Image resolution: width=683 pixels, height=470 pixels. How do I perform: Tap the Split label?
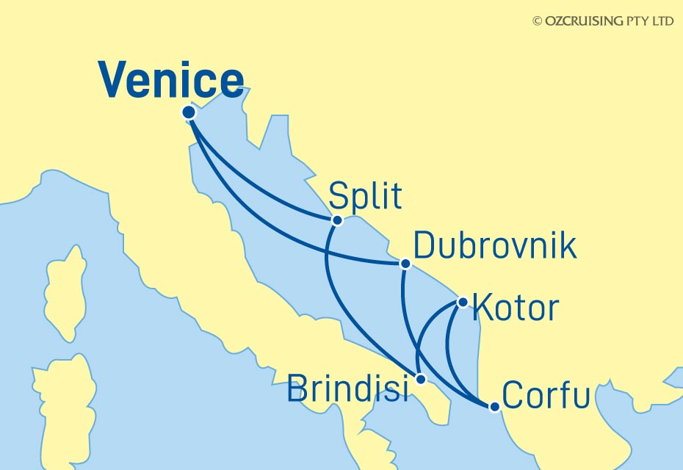click(x=365, y=197)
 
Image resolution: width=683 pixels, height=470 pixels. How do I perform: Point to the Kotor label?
click(x=516, y=308)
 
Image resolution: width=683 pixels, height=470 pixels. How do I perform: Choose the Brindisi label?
click(x=347, y=388)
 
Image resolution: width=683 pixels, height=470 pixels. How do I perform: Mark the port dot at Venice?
click(x=189, y=112)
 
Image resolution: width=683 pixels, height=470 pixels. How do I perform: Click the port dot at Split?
click(x=337, y=220)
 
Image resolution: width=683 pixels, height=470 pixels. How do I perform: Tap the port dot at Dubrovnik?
click(x=404, y=263)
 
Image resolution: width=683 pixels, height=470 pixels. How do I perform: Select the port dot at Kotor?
click(x=463, y=301)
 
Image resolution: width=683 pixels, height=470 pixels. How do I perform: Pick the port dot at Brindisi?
click(x=420, y=380)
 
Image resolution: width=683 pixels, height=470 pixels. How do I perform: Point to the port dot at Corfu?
click(x=495, y=407)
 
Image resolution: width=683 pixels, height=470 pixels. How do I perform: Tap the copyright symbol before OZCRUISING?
click(x=537, y=21)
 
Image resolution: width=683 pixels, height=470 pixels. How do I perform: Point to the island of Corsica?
click(x=65, y=294)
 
